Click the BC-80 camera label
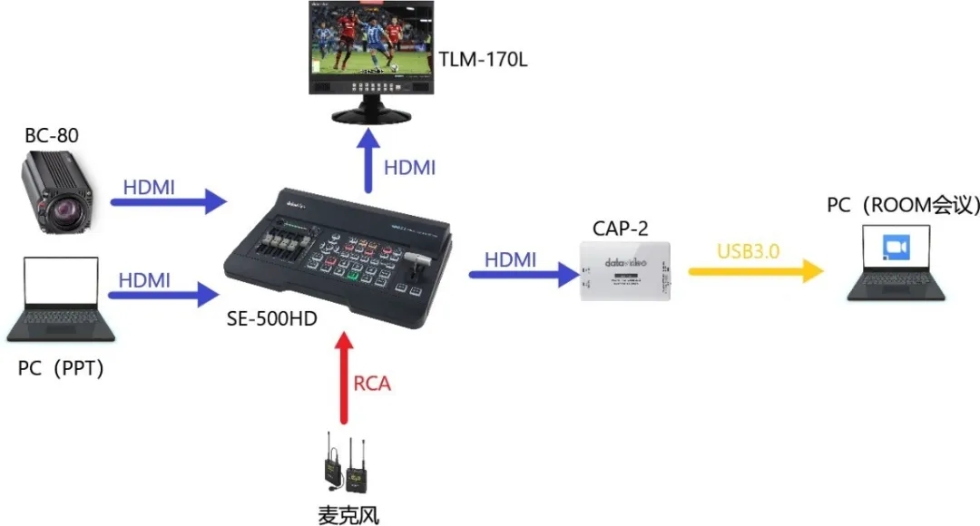[x=52, y=136]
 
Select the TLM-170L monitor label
[x=484, y=61]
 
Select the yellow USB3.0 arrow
[x=754, y=271]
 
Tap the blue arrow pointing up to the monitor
[x=367, y=160]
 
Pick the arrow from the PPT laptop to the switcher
[x=164, y=294]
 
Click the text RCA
[x=372, y=384]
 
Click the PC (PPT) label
[x=61, y=369]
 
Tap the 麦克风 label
[x=348, y=515]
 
